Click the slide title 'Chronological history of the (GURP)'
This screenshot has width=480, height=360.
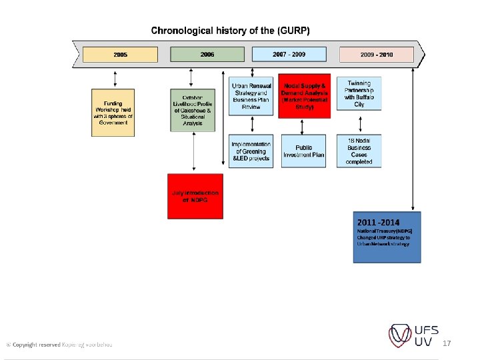(x=230, y=31)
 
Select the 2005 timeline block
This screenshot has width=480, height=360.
(x=121, y=55)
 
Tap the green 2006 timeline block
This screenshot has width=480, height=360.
(x=207, y=55)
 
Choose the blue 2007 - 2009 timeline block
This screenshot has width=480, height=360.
(x=289, y=55)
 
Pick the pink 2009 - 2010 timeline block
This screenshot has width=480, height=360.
(x=376, y=55)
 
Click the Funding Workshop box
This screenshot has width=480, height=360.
(x=113, y=112)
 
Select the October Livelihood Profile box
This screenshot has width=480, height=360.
(x=193, y=109)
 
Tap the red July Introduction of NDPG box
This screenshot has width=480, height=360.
(x=195, y=196)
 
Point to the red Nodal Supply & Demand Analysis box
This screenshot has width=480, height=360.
(x=304, y=96)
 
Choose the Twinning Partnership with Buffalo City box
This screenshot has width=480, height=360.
(x=359, y=94)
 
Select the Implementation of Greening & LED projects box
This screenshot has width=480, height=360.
(x=251, y=151)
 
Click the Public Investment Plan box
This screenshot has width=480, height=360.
(x=304, y=151)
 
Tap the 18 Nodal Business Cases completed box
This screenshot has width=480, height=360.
(x=359, y=151)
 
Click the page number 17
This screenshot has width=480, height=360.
(x=447, y=343)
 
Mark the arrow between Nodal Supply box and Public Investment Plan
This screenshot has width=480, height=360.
(x=304, y=127)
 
